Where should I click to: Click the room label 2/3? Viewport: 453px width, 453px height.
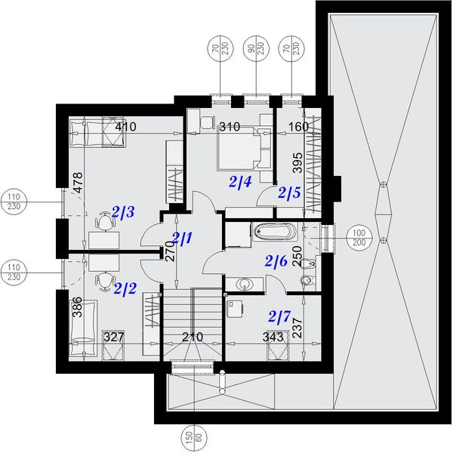click(x=123, y=212)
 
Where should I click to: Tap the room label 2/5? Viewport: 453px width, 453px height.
click(x=289, y=193)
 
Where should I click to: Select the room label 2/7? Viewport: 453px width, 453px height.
click(x=279, y=316)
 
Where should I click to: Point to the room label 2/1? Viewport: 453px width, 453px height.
click(x=182, y=238)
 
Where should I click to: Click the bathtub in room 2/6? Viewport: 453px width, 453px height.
click(x=276, y=232)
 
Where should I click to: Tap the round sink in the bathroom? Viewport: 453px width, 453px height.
click(x=245, y=284)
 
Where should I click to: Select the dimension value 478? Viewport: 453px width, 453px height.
click(x=78, y=183)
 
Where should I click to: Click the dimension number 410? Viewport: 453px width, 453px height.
click(x=125, y=127)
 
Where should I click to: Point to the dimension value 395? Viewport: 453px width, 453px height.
click(x=297, y=162)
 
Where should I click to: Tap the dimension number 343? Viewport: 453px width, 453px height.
click(x=273, y=337)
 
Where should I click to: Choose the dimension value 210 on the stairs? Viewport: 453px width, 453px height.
click(x=193, y=337)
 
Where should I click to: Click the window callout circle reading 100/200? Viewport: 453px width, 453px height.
click(x=359, y=238)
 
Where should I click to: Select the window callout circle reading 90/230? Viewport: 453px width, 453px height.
click(x=257, y=48)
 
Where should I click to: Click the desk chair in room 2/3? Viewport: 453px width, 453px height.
click(x=105, y=220)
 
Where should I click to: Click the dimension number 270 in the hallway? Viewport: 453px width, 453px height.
click(x=171, y=251)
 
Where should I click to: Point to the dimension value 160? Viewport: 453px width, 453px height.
click(x=299, y=127)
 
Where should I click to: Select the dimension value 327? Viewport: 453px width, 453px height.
click(x=114, y=337)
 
